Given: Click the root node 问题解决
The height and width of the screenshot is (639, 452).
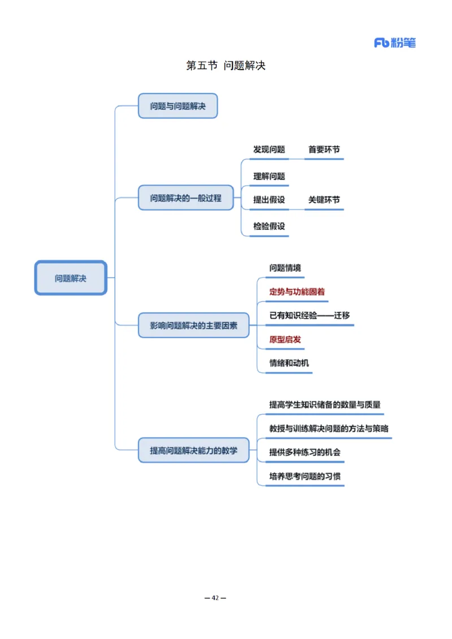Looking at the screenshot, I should (x=71, y=278).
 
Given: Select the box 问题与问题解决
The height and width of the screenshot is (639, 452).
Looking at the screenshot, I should (x=177, y=106).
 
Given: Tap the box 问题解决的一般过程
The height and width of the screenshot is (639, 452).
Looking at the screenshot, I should (x=185, y=198).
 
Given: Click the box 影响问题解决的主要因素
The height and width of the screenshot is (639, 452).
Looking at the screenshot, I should (x=193, y=325).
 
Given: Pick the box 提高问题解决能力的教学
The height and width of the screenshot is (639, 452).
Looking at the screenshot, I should (x=193, y=450).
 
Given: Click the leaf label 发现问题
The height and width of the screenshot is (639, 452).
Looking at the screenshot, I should (x=269, y=150).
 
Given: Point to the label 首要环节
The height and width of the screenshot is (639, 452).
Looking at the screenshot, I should (x=324, y=150).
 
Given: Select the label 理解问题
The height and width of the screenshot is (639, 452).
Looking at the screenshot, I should (x=269, y=176).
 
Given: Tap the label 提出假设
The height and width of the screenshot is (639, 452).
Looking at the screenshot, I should (x=269, y=200).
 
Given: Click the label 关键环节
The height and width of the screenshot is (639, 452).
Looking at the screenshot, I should (x=324, y=200).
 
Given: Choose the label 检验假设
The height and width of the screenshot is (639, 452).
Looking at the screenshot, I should (x=269, y=226).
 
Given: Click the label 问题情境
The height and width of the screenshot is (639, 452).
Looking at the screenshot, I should (x=285, y=268).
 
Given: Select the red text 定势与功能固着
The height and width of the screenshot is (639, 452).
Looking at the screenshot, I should (x=297, y=292).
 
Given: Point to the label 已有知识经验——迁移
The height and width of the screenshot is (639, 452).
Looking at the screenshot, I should (x=310, y=315).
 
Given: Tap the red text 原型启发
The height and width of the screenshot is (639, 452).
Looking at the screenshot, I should (x=285, y=340).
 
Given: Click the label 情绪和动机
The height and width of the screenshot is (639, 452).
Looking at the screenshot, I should (x=289, y=363).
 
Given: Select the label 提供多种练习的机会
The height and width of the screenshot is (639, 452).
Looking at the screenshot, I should (x=305, y=452).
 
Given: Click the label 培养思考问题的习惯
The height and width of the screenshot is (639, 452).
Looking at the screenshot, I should (x=305, y=476).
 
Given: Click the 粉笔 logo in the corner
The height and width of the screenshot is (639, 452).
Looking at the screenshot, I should (x=395, y=42).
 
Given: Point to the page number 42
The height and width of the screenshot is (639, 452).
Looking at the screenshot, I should (x=215, y=598).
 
